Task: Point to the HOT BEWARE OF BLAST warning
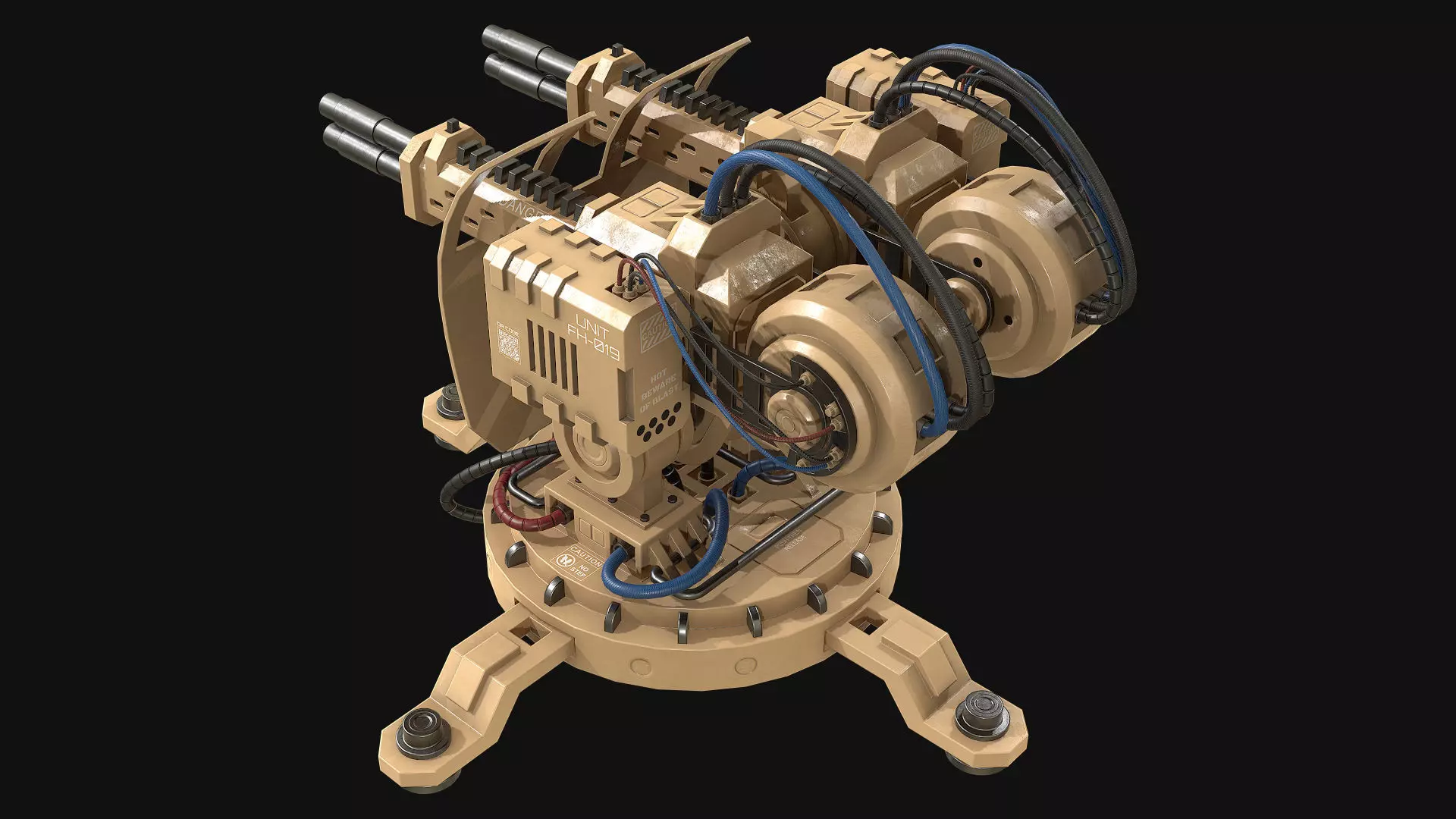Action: pos(657,391)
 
